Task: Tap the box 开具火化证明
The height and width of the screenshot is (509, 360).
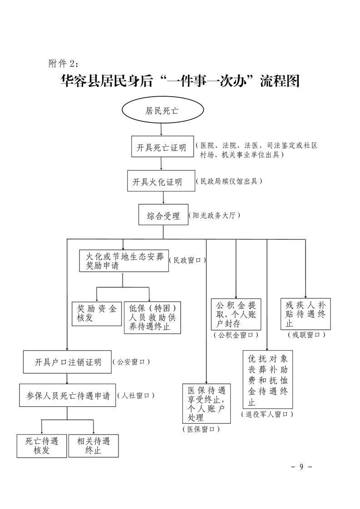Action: coord(158,182)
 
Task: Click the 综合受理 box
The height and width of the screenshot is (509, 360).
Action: coord(163,216)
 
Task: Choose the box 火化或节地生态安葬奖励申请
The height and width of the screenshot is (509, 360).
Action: coord(123,260)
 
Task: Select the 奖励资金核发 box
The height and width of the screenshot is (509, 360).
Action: coord(96,314)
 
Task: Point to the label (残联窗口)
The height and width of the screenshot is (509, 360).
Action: coord(306,335)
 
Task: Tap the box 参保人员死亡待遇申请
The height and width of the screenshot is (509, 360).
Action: coord(68,396)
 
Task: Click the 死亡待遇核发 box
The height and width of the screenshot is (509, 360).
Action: coord(42,446)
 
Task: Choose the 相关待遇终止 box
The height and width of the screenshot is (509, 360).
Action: coord(94,446)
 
